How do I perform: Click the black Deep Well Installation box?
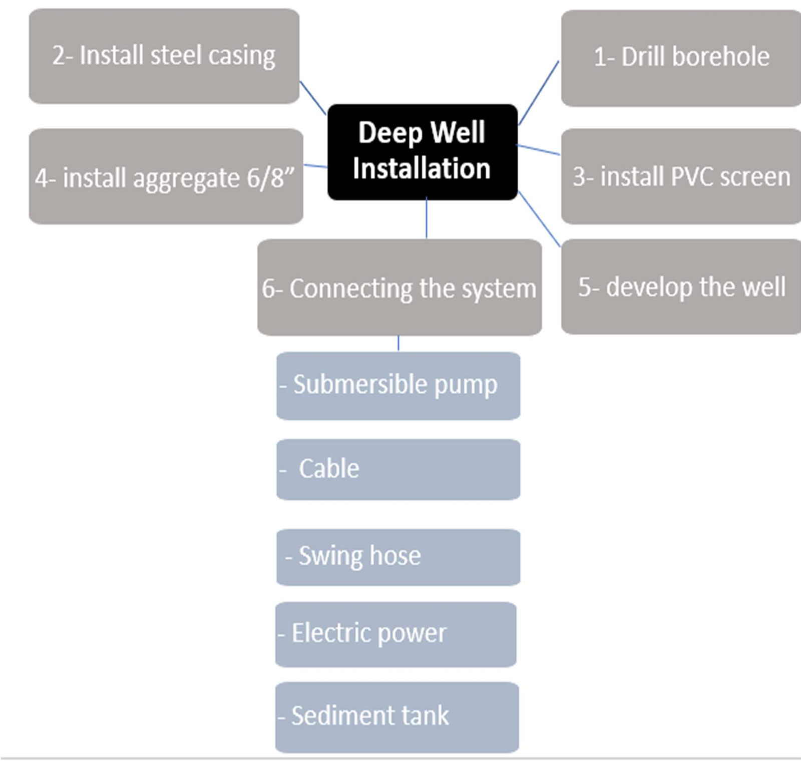(x=422, y=152)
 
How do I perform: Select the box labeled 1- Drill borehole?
(x=681, y=58)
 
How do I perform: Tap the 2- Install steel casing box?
(x=164, y=56)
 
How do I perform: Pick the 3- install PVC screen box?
(x=681, y=176)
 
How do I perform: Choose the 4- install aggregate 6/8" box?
(x=166, y=176)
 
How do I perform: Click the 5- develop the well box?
(x=681, y=287)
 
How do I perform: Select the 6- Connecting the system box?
(x=399, y=287)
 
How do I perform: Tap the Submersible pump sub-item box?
(x=398, y=385)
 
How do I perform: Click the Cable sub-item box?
(x=398, y=469)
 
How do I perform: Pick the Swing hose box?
(x=398, y=557)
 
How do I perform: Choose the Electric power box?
(x=395, y=634)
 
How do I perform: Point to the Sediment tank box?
(x=396, y=716)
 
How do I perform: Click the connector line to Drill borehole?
(x=539, y=93)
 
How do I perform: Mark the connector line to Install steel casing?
(x=313, y=98)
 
